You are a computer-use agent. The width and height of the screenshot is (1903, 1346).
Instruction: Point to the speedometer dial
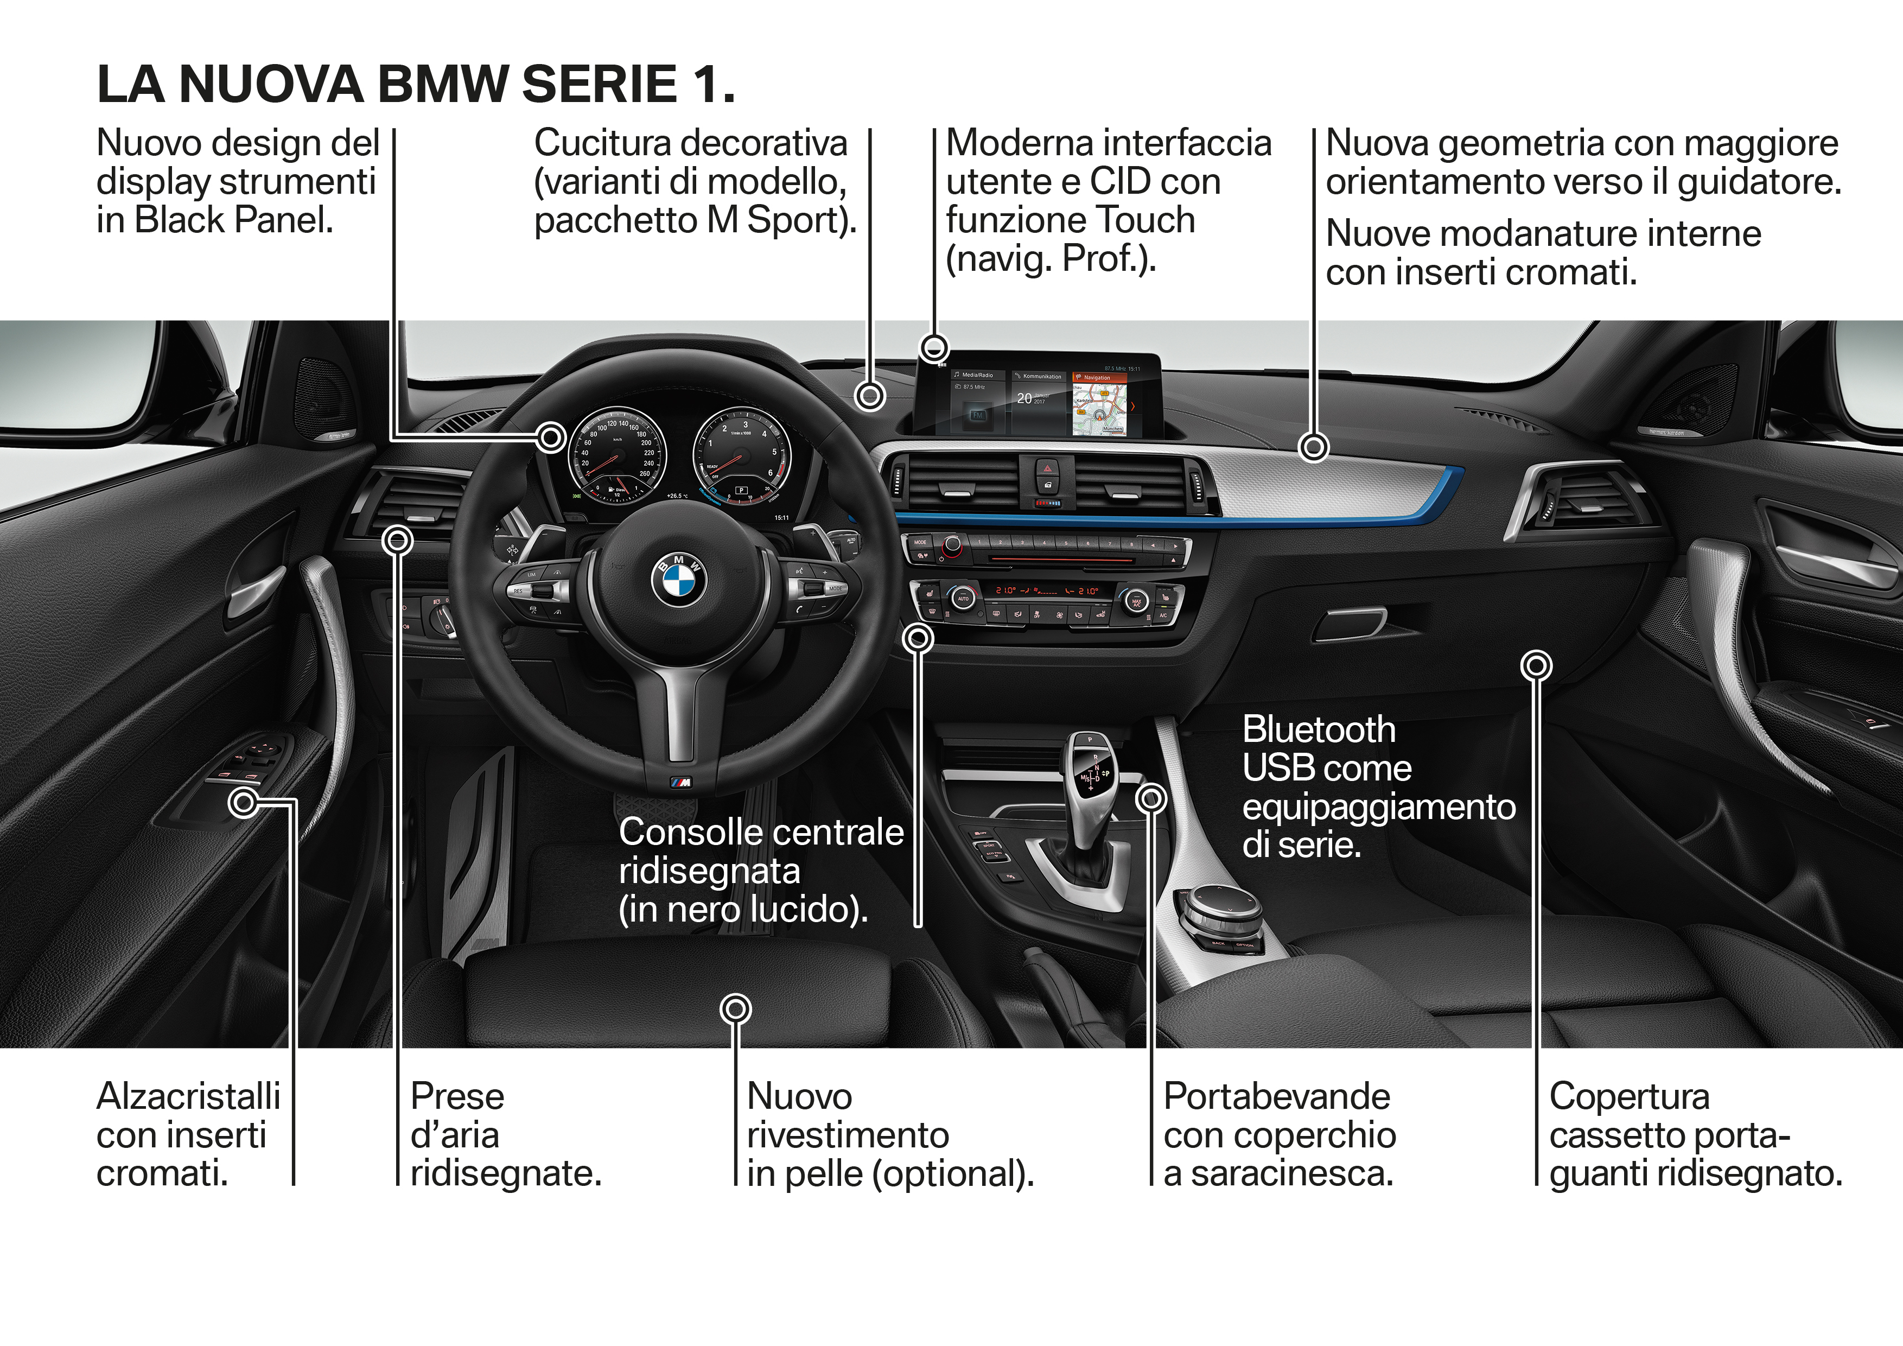click(x=616, y=454)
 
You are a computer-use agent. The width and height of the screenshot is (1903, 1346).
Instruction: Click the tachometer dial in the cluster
click(x=742, y=454)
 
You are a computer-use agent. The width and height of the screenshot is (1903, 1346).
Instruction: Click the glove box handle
click(x=1348, y=624)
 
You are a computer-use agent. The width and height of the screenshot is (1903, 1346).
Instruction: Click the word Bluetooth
click(x=1319, y=730)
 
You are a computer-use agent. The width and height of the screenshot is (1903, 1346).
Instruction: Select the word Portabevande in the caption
click(x=1276, y=1096)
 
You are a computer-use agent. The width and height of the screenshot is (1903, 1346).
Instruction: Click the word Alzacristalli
click(x=188, y=1096)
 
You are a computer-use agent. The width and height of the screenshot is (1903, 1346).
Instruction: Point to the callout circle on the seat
click(x=735, y=1008)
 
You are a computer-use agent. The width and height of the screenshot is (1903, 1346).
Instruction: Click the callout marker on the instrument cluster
click(x=550, y=437)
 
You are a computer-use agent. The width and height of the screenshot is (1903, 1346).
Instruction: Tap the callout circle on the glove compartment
click(x=1536, y=665)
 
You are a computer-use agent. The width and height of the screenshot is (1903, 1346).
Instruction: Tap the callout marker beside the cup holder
click(x=1150, y=799)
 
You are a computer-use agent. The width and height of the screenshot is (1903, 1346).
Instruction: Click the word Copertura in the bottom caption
click(x=1628, y=1096)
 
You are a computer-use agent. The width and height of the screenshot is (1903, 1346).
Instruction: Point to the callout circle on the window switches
click(x=244, y=802)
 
